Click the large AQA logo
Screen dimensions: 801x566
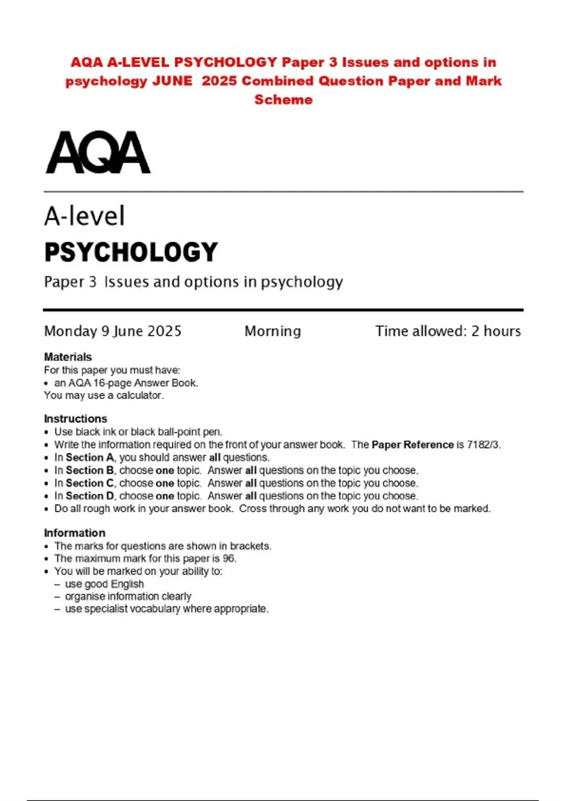98,153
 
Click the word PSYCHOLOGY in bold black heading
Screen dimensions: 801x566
131,252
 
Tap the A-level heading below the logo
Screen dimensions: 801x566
84,216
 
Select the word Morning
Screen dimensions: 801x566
273,331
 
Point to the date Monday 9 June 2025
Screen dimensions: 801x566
113,331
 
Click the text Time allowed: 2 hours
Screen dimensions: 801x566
448,331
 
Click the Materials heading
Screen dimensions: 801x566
68,357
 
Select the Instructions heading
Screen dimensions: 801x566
75,419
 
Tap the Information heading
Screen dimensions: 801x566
75,533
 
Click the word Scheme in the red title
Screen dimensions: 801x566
283,100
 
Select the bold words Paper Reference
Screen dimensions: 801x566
413,445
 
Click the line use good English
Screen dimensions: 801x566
104,584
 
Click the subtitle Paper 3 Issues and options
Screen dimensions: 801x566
193,282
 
